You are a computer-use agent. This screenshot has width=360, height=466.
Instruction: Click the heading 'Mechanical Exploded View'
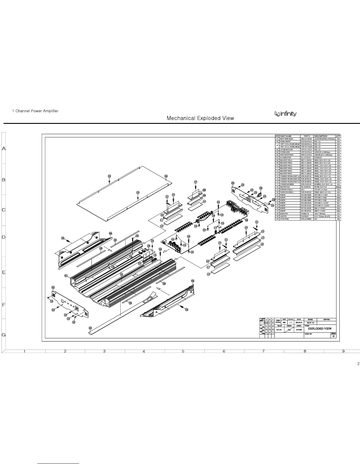pyautogui.click(x=200, y=118)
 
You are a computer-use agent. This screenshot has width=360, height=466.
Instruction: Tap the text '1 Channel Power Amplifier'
pyautogui.click(x=35, y=111)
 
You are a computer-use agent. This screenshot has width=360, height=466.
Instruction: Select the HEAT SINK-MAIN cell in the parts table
pyautogui.click(x=289, y=139)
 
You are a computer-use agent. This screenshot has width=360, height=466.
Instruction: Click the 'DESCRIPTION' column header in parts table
pyautogui.click(x=321, y=136)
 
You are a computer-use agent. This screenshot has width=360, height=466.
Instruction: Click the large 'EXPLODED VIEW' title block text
pyautogui.click(x=320, y=329)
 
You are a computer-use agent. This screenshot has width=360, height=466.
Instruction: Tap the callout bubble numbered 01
pyautogui.click(x=66, y=276)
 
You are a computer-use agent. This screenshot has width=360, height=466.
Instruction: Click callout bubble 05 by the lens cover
pyautogui.click(x=90, y=328)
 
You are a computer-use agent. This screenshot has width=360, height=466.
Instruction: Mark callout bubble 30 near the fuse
pyautogui.click(x=261, y=188)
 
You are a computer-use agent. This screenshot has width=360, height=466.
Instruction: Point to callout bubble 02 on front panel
pyautogui.click(x=53, y=287)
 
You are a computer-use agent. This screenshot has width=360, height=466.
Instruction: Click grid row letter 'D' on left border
pyautogui.click(x=4, y=237)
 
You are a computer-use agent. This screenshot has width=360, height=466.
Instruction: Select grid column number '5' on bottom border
pyautogui.click(x=183, y=351)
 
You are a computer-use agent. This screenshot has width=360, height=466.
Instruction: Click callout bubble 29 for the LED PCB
pyautogui.click(x=149, y=246)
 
